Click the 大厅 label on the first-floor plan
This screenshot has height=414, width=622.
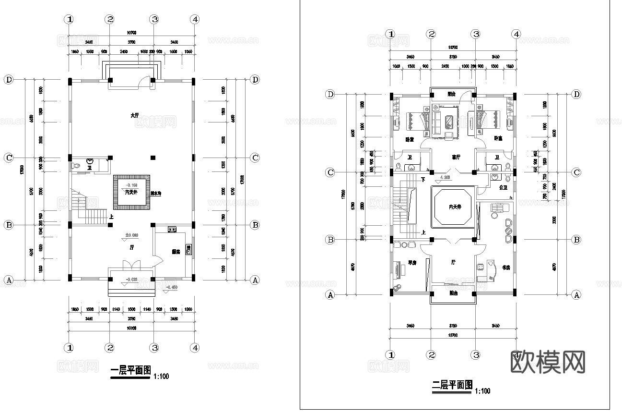(x=134, y=116)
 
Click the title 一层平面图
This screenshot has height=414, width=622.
(x=130, y=371)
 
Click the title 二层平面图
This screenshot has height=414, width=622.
(x=452, y=385)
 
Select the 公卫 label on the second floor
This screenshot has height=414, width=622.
(x=503, y=187)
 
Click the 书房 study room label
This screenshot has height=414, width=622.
(x=505, y=268)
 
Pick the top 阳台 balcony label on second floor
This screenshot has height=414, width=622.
(x=452, y=94)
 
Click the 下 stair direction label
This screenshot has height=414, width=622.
(x=423, y=180)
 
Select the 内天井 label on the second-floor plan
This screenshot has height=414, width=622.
(x=454, y=207)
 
